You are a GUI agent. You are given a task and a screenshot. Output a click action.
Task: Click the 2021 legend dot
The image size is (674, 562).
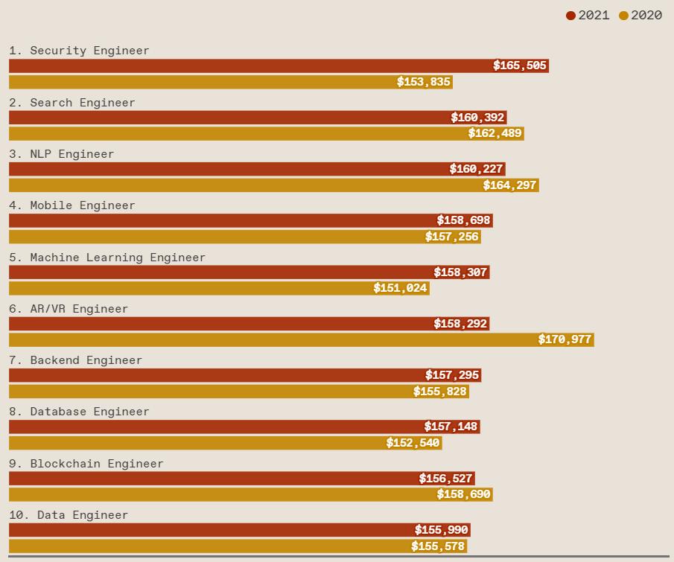[570, 16]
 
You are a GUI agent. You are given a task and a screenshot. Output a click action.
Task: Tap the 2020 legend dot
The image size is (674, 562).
[623, 16]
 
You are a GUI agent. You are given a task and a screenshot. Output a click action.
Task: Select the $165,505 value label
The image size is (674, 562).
[520, 66]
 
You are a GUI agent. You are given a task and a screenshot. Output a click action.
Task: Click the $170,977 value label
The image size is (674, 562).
[565, 339]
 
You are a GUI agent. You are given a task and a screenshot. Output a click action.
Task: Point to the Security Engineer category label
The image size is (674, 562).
[79, 51]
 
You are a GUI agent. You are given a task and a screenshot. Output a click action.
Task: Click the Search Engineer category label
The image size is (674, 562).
[72, 103]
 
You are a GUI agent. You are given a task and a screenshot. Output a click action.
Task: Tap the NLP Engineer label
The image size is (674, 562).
[62, 154]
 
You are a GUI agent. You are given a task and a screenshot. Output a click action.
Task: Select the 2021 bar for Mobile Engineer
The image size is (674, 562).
[223, 220]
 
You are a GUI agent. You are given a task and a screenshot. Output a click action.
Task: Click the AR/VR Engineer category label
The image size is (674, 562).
[69, 309]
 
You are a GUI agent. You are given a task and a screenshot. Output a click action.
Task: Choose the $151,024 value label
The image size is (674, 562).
[401, 288]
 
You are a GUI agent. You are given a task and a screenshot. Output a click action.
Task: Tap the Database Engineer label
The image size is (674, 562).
[79, 412]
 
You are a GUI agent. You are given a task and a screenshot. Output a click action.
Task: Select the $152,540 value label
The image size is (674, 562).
[413, 443]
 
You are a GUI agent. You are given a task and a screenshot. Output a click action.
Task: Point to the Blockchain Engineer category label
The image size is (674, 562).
[86, 464]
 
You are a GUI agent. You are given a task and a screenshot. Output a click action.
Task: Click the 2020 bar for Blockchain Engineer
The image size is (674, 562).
[223, 494]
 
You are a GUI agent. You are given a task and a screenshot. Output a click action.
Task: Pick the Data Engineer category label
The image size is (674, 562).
[69, 515]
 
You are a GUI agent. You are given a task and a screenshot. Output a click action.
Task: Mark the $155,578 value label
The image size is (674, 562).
[438, 546]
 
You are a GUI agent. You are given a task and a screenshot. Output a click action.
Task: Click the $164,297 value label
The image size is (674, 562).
[509, 185]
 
